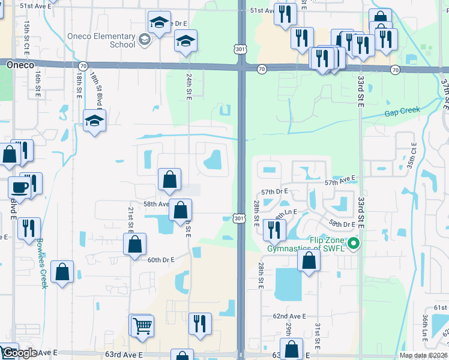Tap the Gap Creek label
(x=403, y=112)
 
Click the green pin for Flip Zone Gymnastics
(x=354, y=244)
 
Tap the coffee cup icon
(x=19, y=187)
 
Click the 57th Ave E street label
(x=340, y=180)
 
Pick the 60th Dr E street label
(x=160, y=260)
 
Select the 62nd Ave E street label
(x=289, y=316)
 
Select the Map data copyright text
(x=423, y=355)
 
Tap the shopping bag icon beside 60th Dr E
(x=134, y=244)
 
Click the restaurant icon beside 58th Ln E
(x=274, y=229)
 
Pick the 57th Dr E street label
(x=276, y=191)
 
